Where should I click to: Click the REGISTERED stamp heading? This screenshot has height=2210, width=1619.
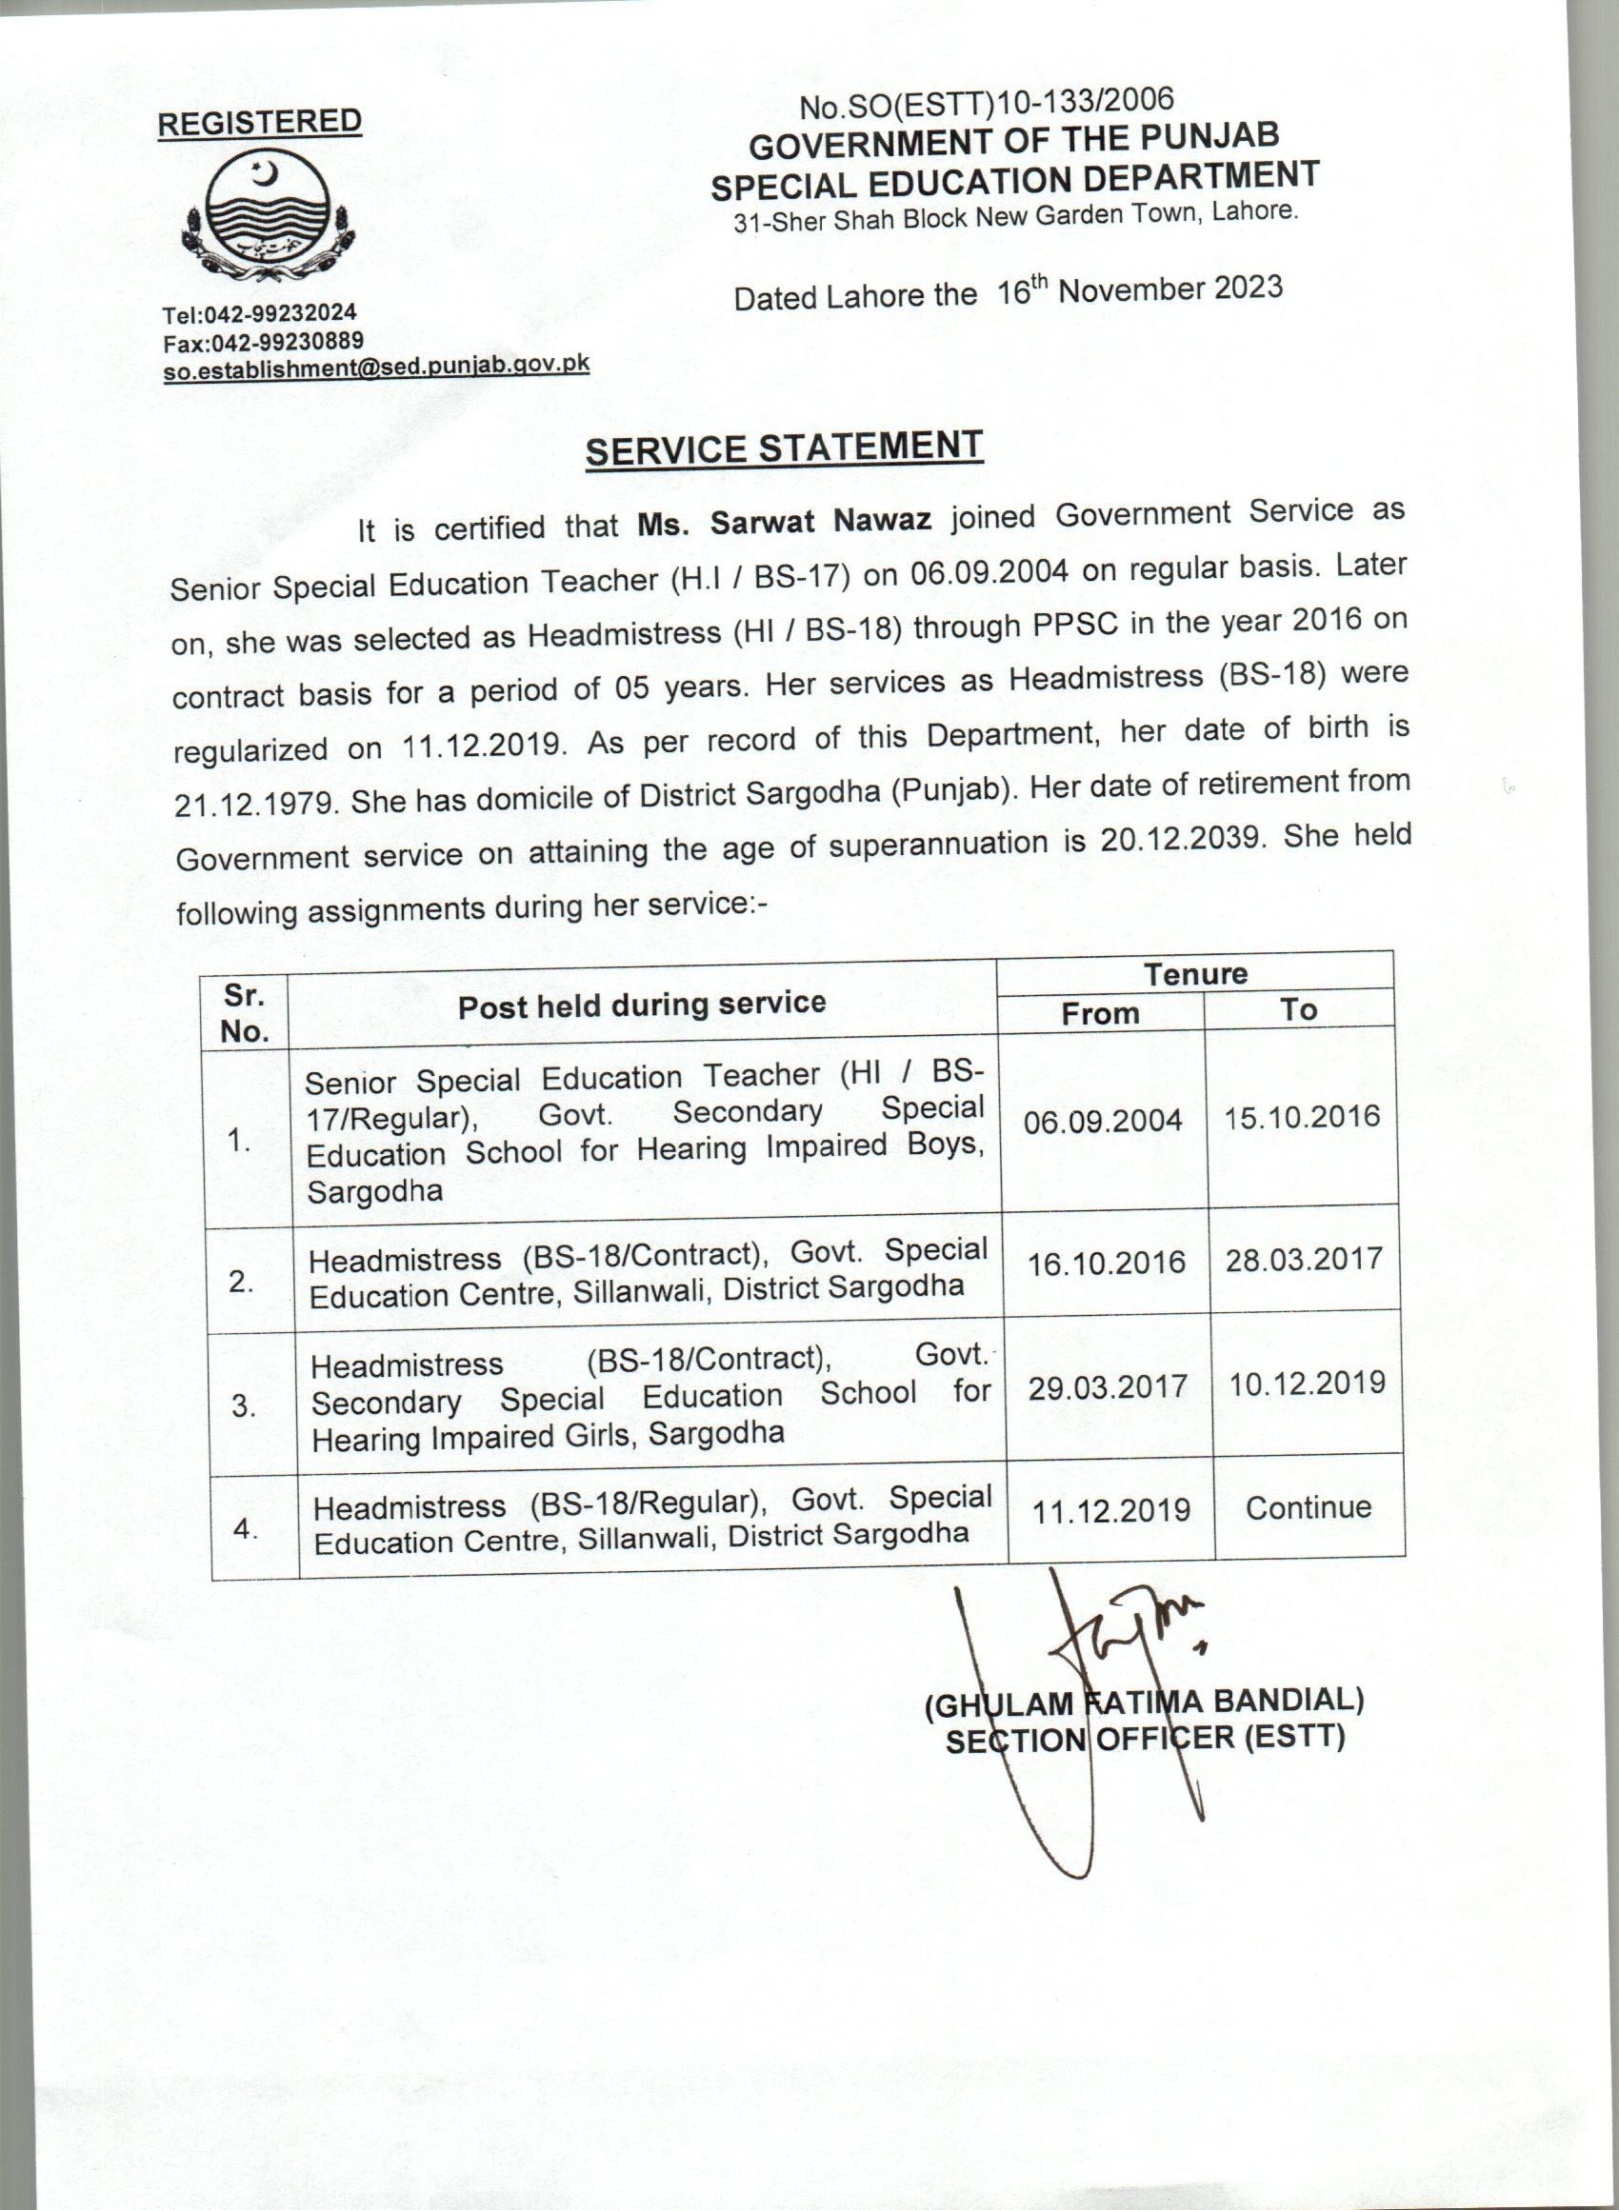(260, 123)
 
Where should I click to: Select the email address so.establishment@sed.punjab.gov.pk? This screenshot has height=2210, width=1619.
(376, 367)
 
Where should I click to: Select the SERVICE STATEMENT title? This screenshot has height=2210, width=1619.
(784, 448)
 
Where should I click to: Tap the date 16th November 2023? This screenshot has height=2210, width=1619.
(1140, 291)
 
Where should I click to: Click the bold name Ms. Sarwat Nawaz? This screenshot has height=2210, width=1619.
(784, 521)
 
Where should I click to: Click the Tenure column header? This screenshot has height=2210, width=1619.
(1194, 974)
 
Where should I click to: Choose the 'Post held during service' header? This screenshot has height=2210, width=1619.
(642, 1005)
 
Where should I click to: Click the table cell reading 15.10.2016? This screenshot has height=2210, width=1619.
(1302, 1117)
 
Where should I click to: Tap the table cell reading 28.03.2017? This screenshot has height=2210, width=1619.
(1304, 1259)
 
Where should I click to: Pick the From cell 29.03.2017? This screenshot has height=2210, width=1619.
(1108, 1387)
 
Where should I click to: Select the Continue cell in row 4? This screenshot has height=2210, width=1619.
(1309, 1506)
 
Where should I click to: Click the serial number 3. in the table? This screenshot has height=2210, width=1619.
(244, 1406)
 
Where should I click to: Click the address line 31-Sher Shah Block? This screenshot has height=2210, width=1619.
(1015, 216)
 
